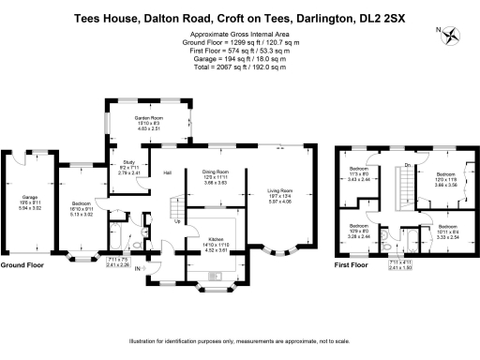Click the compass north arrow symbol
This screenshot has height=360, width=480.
click(454, 35)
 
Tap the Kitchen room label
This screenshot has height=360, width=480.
click(217, 239)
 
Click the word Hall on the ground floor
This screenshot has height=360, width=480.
click(167, 173)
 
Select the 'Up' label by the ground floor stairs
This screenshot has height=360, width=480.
click(177, 222)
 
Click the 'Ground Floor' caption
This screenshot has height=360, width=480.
click(22, 265)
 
